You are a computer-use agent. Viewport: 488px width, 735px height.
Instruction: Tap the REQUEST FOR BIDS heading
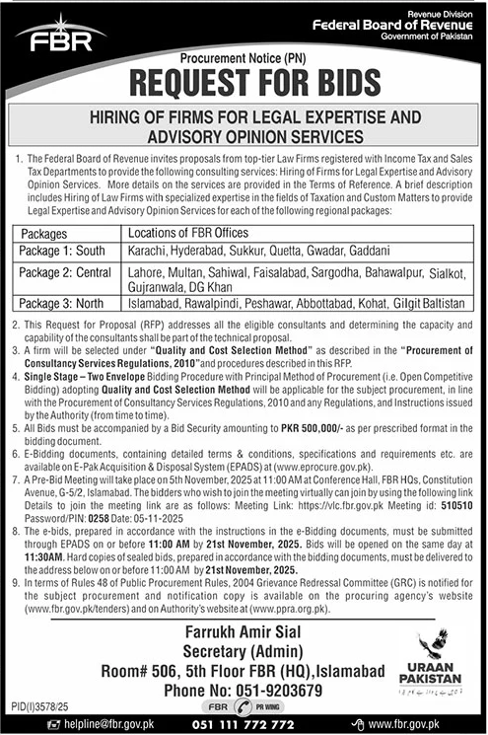(243, 82)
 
